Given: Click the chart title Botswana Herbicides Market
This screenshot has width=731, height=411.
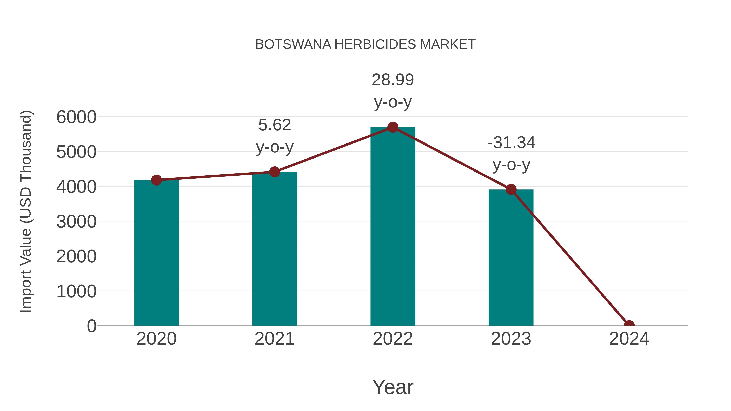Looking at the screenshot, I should pos(365,44).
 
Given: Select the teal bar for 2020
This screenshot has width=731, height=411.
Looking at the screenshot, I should pos(156,252).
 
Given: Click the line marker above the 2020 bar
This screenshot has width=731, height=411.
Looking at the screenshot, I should pos(156,180).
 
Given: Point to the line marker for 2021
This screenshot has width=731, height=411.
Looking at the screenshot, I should pos(274,172).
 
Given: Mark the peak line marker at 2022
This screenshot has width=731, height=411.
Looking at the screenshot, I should pos(393,127).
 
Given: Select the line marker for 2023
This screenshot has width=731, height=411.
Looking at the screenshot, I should pos(511,189).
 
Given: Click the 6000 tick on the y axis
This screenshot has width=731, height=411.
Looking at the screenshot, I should pos(76,117).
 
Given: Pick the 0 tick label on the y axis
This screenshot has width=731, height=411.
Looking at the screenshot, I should pos(91,326).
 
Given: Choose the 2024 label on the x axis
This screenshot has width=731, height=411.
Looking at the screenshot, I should pos(629,339).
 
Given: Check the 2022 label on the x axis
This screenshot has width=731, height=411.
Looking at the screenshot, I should pos(393,339).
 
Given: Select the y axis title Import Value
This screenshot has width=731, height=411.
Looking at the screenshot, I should pos(26,211).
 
